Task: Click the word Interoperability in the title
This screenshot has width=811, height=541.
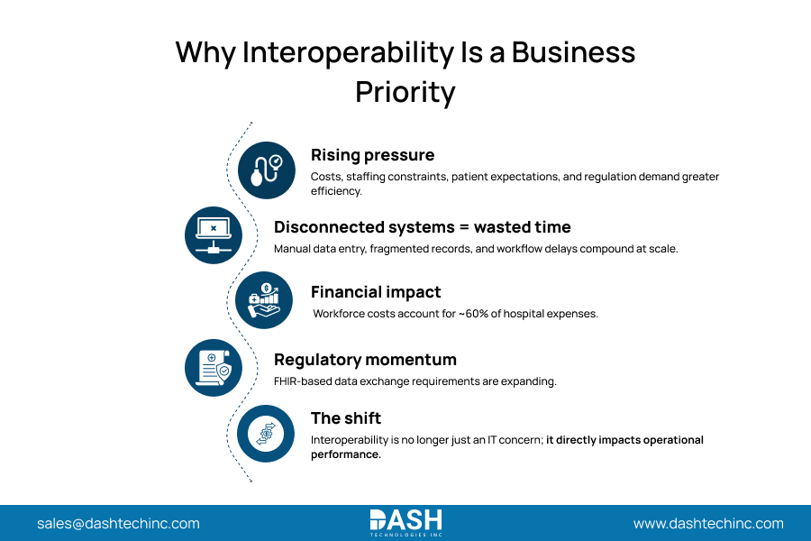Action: pos(348,53)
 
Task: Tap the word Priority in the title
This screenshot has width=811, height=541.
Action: pos(405,93)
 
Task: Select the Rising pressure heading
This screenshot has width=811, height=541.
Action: pos(372,155)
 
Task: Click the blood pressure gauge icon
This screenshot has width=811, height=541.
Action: pos(267,170)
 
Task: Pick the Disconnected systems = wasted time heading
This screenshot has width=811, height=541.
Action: pos(422,227)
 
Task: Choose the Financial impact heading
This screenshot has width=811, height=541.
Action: pos(376,292)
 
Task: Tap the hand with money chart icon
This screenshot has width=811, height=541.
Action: pos(264,300)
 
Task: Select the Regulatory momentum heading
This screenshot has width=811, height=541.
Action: pos(365,360)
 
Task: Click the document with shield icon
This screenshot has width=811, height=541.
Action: pos(213,368)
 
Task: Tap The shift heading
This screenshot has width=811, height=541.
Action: pos(345,418)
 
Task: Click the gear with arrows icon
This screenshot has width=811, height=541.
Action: pos(265,434)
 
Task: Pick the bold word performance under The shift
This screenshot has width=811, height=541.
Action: pos(345,454)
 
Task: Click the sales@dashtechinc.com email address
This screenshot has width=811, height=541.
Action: pos(118,523)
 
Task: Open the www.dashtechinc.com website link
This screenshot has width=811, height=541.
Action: pos(708,523)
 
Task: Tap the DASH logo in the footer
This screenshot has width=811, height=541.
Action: pos(406,523)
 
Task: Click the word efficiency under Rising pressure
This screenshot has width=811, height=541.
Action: pos(336,191)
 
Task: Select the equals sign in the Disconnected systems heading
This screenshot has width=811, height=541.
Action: pos(464,228)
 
